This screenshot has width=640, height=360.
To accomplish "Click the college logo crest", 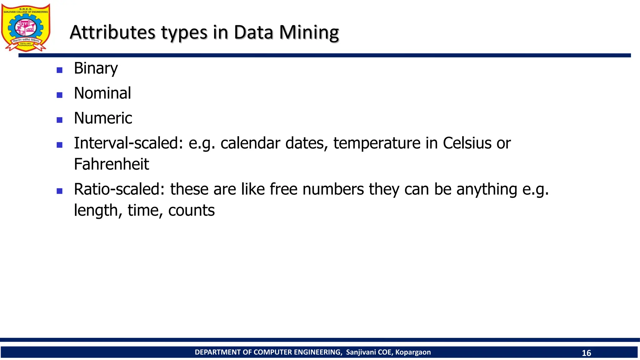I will click(x=26, y=27).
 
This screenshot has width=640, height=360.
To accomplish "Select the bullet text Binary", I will click(x=96, y=68).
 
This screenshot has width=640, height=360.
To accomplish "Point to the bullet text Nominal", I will click(x=102, y=93).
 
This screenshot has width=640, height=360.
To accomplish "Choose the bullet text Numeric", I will click(x=103, y=118).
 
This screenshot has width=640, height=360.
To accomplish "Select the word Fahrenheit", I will click(x=111, y=164).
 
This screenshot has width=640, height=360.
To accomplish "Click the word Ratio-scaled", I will click(x=119, y=189).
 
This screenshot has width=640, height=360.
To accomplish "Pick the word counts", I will click(x=191, y=210).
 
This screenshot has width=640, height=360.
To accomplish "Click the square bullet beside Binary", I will click(x=59, y=70).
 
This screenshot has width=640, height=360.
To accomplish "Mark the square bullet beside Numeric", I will click(x=59, y=120).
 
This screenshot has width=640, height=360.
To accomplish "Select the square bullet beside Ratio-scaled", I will click(x=59, y=191).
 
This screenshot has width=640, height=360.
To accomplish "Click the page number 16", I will click(x=586, y=353).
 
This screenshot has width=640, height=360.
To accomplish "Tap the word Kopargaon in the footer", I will click(x=413, y=352).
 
